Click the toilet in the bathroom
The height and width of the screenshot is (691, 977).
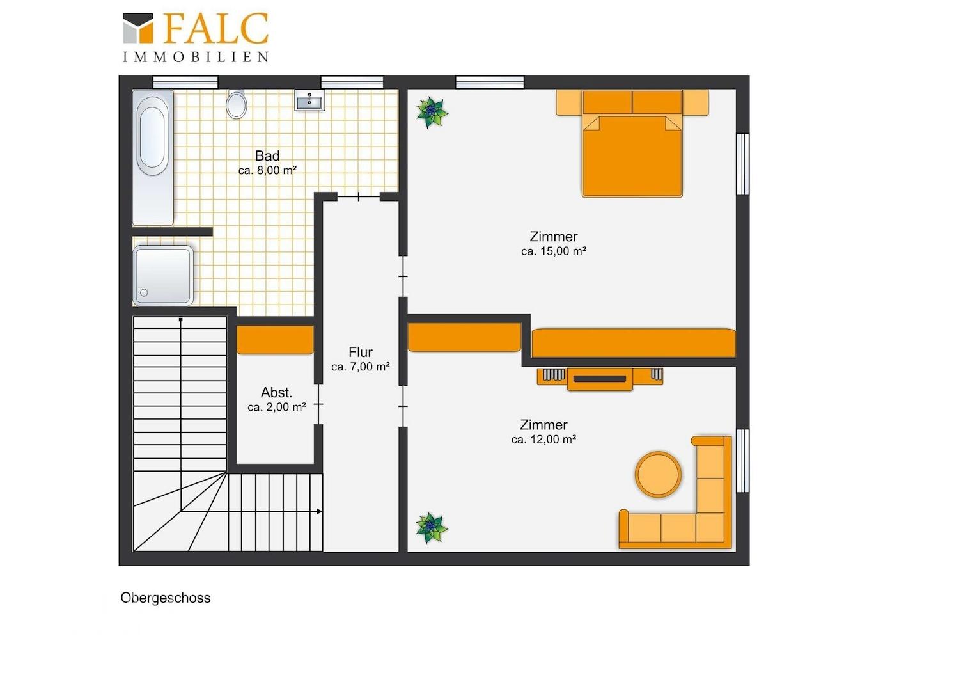(x=237, y=104)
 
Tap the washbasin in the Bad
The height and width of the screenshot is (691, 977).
(x=309, y=100)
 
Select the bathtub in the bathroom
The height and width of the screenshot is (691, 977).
(x=153, y=157)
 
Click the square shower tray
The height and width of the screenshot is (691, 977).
(x=163, y=276)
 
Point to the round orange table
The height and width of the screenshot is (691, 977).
(x=658, y=474)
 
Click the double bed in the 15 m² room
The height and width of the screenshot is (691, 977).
(x=632, y=143)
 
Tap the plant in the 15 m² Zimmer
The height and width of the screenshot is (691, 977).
(x=432, y=112)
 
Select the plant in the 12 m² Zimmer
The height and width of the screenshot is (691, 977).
(x=432, y=528)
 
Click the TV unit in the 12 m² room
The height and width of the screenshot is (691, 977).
(x=600, y=379)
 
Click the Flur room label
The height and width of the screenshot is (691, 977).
(x=360, y=353)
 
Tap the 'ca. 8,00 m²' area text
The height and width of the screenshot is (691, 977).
(x=267, y=170)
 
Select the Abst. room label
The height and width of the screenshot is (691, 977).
(x=276, y=392)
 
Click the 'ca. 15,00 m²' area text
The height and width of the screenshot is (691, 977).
(x=554, y=251)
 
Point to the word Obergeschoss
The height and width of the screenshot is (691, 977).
(x=166, y=598)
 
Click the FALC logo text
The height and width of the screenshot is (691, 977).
(x=216, y=28)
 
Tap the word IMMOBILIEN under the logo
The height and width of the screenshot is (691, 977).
(x=196, y=57)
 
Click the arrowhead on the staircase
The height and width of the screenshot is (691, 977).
(x=320, y=511)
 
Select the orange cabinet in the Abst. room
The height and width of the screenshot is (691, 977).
(x=275, y=340)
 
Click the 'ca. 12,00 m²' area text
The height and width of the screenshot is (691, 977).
(x=543, y=439)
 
